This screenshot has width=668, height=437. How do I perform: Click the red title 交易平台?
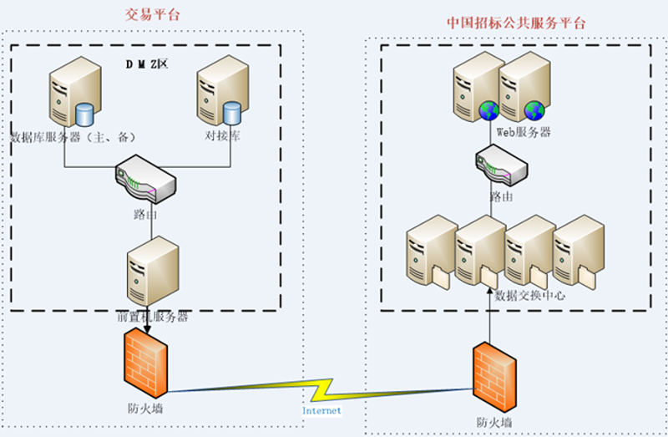coord(152,14)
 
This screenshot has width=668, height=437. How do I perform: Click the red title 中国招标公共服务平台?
coord(516,23)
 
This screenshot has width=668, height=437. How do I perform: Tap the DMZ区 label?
coord(147,64)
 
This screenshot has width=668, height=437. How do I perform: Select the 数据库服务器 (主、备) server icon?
coord(75,92)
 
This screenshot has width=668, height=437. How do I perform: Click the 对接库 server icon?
coord(222,90)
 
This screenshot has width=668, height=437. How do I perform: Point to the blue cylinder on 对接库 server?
coord(232,113)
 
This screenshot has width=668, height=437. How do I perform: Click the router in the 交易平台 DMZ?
coord(145,179)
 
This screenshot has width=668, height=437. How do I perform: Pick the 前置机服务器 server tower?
coord(153,272)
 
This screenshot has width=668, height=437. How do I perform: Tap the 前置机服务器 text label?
coord(153,317)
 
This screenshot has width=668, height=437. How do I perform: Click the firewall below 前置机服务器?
coord(145,363)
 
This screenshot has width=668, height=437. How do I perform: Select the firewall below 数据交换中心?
coord(494,377)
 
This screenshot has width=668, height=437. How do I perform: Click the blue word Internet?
coord(321,410)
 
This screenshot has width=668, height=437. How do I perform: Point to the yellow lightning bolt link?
coord(321,390)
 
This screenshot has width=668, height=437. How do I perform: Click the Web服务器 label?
coord(524,132)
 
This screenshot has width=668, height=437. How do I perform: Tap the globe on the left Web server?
coord(488,111)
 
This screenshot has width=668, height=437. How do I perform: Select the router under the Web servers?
coord(502,165)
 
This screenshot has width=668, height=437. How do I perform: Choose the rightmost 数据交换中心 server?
coord(579,252)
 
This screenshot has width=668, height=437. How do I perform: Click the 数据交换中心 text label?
coord(530,296)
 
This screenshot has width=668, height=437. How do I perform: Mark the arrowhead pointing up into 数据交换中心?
coord(490,292)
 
